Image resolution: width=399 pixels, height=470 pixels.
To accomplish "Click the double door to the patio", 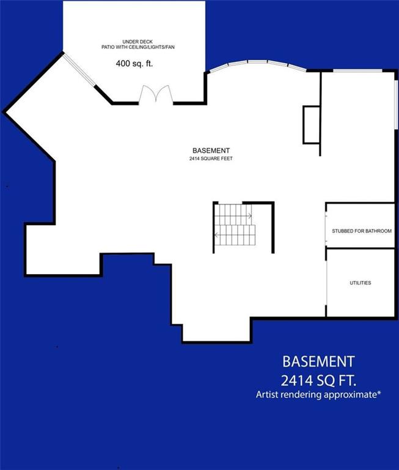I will [156, 94].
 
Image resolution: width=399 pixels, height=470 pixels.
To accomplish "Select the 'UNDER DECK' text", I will [133, 42].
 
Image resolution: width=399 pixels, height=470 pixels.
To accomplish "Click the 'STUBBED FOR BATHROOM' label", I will [362, 231].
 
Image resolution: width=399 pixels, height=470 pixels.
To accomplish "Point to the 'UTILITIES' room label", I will [361, 283].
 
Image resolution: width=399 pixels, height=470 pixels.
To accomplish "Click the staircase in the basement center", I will [234, 224].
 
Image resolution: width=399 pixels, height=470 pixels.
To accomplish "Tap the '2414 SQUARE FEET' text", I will [211, 159].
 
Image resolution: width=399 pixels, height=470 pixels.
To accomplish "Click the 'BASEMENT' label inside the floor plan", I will [211, 151].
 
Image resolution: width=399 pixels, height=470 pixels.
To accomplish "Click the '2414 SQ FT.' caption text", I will [318, 379].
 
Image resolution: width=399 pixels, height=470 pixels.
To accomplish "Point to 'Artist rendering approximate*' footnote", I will [318, 395].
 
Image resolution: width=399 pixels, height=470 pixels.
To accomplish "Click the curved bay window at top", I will [257, 64].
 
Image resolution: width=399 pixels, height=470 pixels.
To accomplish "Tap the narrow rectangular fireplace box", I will [311, 125].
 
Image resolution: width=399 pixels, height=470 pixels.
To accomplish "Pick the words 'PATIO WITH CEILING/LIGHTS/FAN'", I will [133, 47].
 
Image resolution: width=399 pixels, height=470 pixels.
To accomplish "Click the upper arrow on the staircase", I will [248, 215].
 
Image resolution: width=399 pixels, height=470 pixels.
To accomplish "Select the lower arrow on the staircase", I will [218, 234].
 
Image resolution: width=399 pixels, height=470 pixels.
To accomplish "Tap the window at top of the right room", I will [358, 72].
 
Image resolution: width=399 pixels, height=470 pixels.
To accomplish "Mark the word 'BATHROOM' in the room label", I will [377, 231].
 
